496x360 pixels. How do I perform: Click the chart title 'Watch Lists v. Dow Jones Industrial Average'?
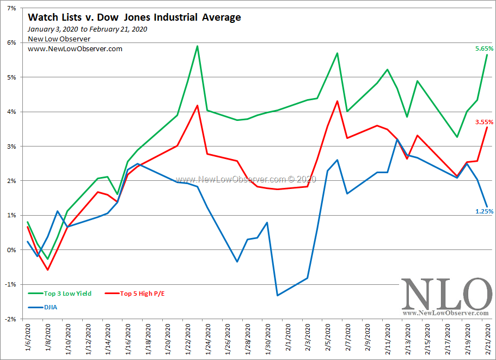(134, 17)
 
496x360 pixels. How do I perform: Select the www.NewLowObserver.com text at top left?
(75, 48)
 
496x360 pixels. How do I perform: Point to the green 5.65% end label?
(483, 48)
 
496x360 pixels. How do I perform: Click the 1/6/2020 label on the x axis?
(28, 338)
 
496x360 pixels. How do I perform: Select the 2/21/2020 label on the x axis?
(487, 338)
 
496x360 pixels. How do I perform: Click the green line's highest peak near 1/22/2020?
(197, 46)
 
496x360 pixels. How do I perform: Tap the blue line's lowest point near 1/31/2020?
(278, 295)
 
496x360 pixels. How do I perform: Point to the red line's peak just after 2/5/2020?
(338, 101)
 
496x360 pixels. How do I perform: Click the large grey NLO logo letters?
(446, 294)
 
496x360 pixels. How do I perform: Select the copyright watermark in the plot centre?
(246, 179)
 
